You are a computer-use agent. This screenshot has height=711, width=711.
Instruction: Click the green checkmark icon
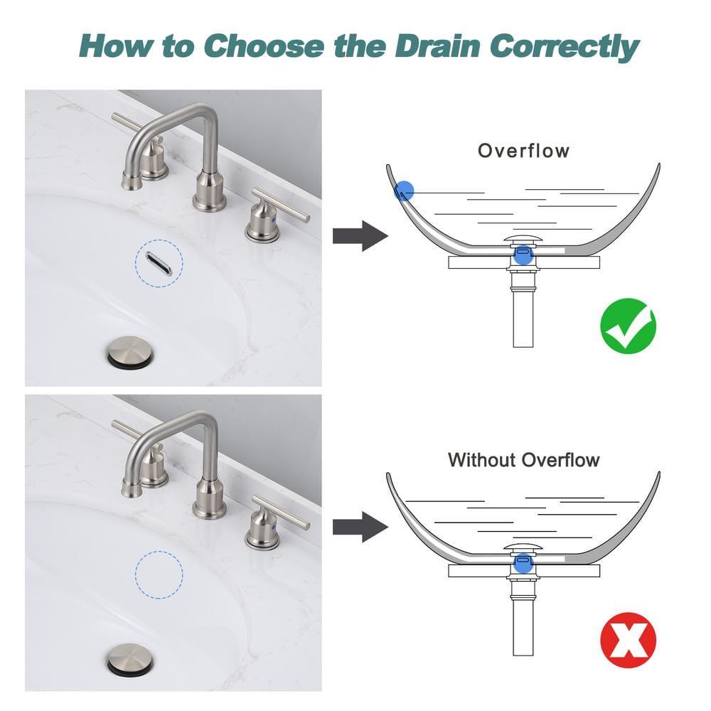[628, 324]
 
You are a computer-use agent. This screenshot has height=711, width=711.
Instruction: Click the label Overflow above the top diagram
[523, 151]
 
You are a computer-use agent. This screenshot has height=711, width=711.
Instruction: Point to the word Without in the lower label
[481, 459]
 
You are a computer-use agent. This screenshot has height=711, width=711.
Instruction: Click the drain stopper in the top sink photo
[129, 351]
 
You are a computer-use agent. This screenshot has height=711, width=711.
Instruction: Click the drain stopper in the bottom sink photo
[129, 663]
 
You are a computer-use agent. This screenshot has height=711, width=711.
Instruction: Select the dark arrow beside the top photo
[359, 235]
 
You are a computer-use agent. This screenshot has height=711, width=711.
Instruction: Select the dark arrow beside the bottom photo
[359, 527]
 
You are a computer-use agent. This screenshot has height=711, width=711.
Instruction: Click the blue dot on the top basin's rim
[404, 190]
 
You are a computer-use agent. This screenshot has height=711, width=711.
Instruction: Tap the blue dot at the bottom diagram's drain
[523, 561]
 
